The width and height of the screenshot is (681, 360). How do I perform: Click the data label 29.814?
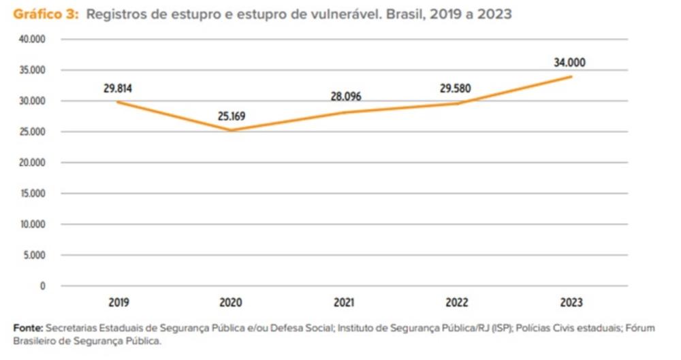118,88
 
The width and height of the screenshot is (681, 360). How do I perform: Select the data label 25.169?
232,116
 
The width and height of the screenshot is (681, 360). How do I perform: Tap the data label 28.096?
345,97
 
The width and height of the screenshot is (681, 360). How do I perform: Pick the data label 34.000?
569,63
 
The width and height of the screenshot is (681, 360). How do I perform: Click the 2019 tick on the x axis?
118,302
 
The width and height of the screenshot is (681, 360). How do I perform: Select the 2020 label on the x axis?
232,302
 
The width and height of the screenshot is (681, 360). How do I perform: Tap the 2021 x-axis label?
345,302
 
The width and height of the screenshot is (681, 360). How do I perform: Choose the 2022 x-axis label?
457,302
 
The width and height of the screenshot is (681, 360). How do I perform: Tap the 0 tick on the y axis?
42,286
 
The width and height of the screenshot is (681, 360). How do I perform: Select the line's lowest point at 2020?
232,131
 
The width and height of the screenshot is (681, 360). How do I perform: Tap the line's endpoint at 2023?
571,76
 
